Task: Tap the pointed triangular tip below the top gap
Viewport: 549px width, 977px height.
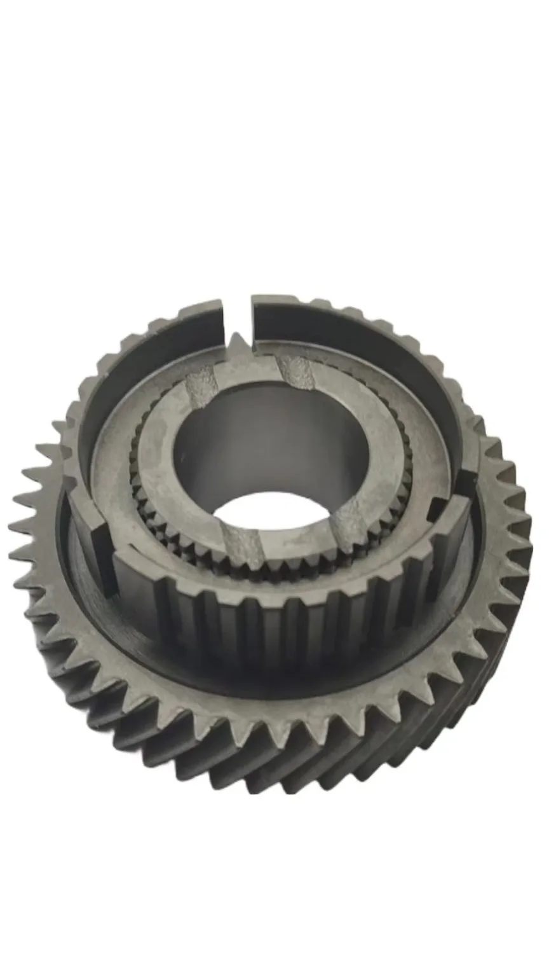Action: click(236, 343)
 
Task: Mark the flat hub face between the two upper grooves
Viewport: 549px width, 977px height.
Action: click(248, 375)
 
